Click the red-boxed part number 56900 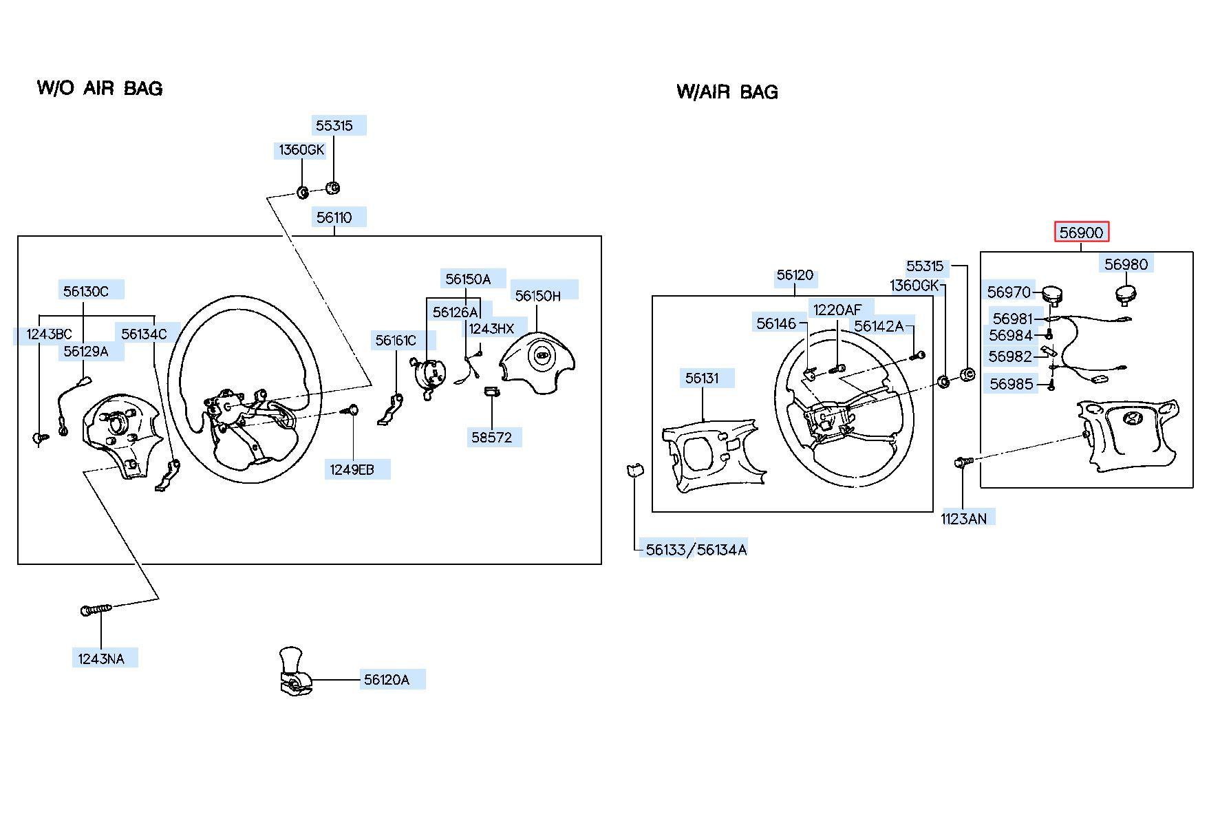point(1081,233)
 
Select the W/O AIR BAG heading point(100,88)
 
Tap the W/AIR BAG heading point(727,92)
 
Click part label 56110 point(334,217)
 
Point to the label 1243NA point(101,659)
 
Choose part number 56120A point(387,680)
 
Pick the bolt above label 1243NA point(96,610)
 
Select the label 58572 point(492,437)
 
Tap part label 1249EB point(352,469)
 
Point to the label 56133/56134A point(696,549)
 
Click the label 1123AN point(963,518)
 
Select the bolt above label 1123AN point(963,462)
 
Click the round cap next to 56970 point(1051,294)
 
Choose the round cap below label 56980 point(1125,294)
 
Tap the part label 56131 point(702,378)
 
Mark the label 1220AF point(837,310)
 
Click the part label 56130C point(86,291)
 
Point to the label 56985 point(1012,384)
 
